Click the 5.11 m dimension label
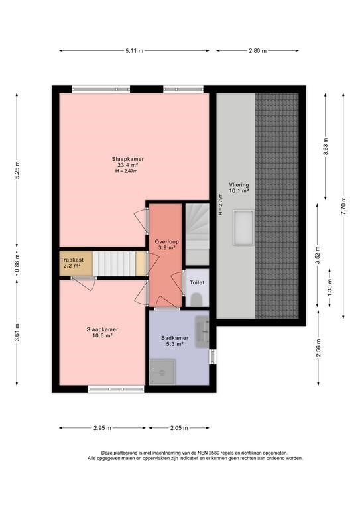(x=134, y=50)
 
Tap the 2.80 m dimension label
(x=257, y=50)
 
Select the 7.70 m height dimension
(x=343, y=206)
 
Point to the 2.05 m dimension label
(x=179, y=428)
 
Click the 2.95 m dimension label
(x=102, y=428)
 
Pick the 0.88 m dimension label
(x=17, y=262)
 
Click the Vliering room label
(x=239, y=185)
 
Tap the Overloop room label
(x=166, y=241)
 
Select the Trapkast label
(x=72, y=260)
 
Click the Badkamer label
(x=174, y=338)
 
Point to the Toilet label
(x=197, y=282)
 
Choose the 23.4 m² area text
(x=127, y=165)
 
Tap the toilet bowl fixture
(x=196, y=300)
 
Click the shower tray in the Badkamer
(x=162, y=372)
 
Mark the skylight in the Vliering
(x=243, y=227)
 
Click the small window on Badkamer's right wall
(x=213, y=357)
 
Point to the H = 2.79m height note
(x=221, y=205)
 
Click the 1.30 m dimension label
(x=330, y=288)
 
